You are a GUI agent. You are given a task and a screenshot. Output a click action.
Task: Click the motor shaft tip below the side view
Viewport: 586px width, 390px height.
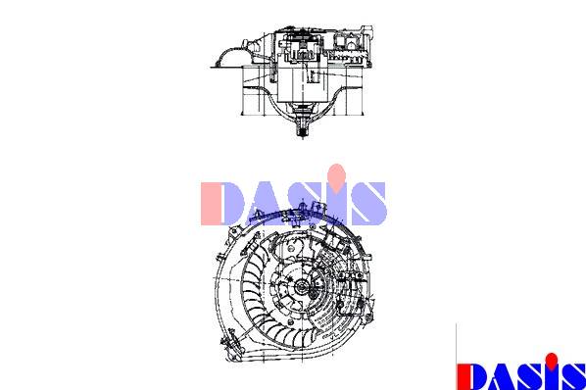click(303, 131)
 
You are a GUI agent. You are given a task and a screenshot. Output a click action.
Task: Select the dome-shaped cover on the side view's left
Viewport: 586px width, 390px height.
click(230, 57)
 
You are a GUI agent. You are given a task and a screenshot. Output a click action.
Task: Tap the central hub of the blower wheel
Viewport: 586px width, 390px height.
click(301, 287)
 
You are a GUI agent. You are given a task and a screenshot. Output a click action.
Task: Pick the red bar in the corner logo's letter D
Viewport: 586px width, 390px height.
click(462, 376)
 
